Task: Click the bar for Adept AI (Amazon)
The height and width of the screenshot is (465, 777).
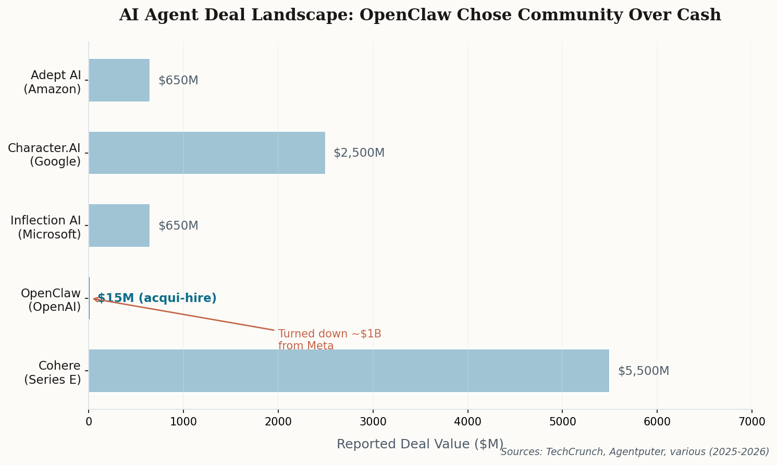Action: coord(119,80)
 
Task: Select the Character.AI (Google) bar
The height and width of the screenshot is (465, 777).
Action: coord(207,153)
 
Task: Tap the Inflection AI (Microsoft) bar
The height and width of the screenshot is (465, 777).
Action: coord(119,225)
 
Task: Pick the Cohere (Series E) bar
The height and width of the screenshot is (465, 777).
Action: coord(349,371)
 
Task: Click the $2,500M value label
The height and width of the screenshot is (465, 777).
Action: coord(359,153)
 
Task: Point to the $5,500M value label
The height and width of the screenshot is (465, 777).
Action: coord(643,371)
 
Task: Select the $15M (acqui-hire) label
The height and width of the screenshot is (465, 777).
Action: coord(157,298)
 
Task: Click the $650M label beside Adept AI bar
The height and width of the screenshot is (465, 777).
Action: coord(178,81)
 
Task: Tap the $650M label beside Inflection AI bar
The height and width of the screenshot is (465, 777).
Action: coord(178,226)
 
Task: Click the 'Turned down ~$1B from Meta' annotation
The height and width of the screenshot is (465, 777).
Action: coord(329,340)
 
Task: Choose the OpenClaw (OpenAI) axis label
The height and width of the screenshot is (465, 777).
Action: coord(51,300)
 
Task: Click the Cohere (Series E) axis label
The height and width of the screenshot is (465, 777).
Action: coord(53,373)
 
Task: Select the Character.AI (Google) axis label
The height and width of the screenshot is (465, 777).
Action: coord(44,155)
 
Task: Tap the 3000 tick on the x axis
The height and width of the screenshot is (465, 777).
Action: coord(373,422)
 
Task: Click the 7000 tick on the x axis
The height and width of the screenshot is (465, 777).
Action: coord(751,422)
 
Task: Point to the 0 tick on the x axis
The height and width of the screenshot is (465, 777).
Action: coord(89,422)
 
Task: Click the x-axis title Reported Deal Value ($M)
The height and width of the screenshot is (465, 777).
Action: coord(420,444)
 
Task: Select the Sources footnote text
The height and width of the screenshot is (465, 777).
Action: coord(635,452)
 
